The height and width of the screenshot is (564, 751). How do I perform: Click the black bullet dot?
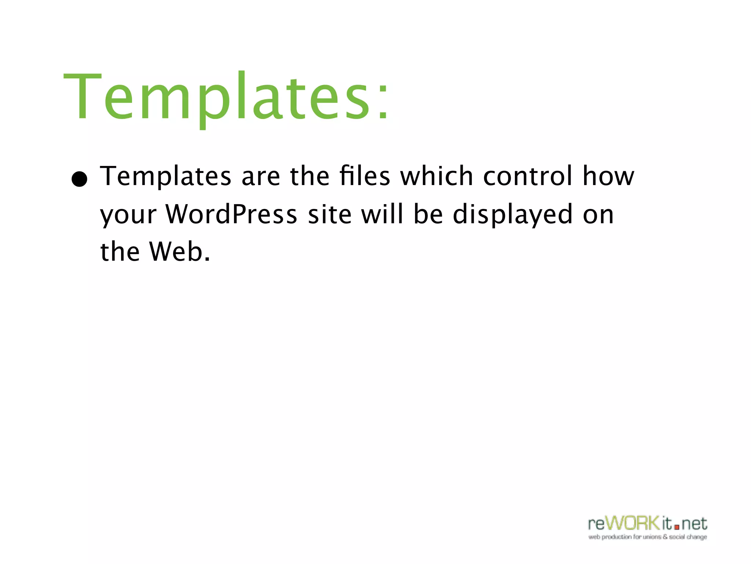pos(80,179)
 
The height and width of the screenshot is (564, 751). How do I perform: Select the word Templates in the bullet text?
pos(166,176)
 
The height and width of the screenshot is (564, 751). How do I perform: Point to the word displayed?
pos(512,214)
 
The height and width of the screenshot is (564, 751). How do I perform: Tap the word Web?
pos(176,252)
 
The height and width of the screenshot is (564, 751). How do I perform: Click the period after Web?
pos(208,259)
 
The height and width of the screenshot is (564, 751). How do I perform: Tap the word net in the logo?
pos(694,524)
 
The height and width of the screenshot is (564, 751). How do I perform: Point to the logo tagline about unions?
pos(648,537)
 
